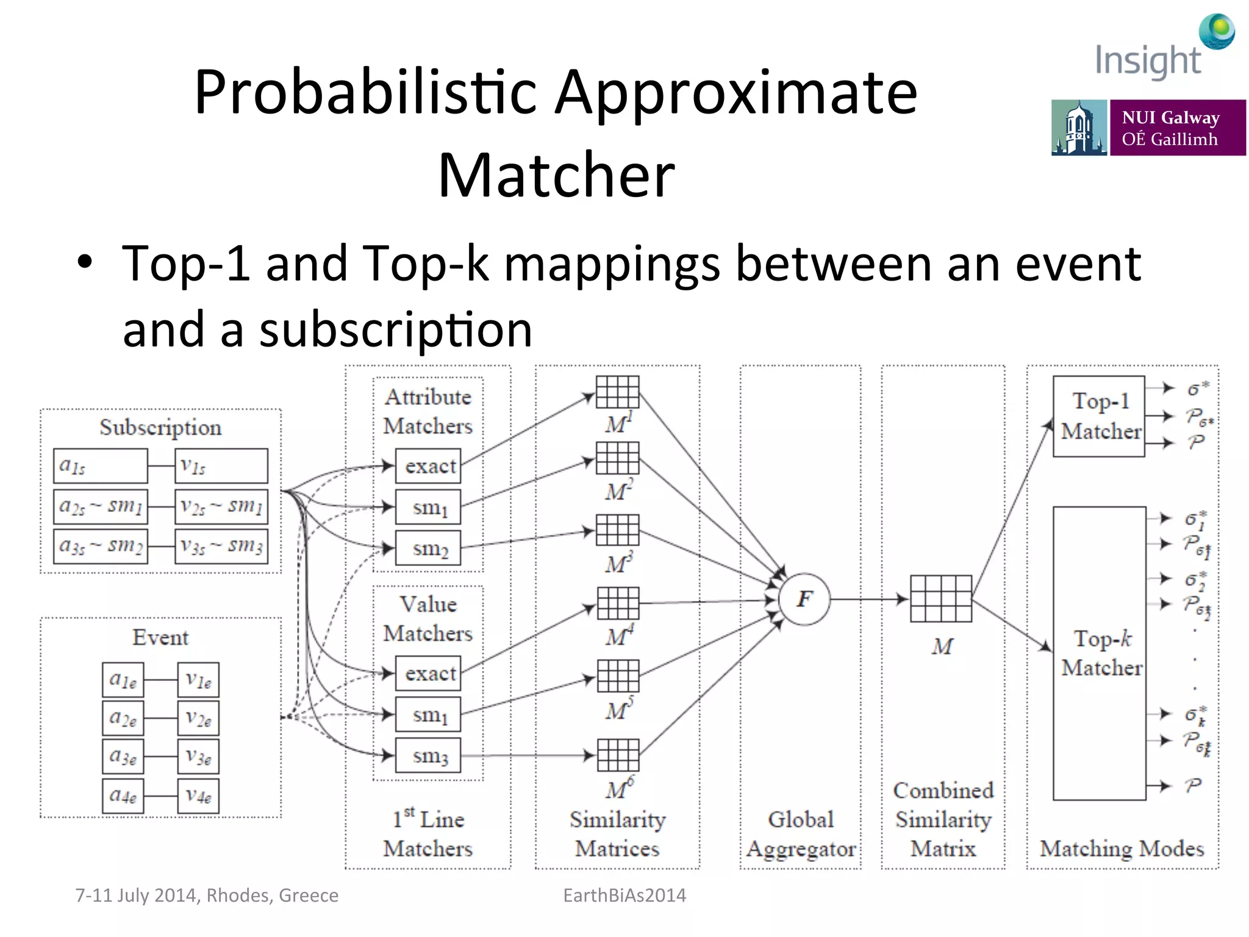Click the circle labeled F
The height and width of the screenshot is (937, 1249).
[804, 599]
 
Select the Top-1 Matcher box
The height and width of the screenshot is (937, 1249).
[1099, 417]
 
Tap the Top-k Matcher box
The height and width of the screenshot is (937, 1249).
[1099, 653]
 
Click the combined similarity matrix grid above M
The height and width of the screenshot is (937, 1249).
[940, 598]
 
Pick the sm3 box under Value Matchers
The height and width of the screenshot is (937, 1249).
[428, 755]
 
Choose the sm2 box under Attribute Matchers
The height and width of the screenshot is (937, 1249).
[428, 548]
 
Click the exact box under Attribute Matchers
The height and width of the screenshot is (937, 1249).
[428, 466]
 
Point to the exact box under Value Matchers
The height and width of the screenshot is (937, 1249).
[428, 673]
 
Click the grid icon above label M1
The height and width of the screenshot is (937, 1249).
[617, 392]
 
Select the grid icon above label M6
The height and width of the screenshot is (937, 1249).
[618, 755]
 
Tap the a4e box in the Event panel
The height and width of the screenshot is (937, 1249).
[123, 795]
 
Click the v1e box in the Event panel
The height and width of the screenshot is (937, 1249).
[198, 680]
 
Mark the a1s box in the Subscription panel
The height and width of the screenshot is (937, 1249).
[101, 466]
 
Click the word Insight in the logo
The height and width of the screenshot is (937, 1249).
[1148, 61]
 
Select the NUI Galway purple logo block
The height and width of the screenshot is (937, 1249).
[1177, 127]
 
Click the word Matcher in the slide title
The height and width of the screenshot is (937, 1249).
[556, 175]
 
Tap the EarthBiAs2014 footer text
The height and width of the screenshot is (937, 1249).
[624, 895]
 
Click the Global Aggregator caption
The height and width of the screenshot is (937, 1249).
[801, 834]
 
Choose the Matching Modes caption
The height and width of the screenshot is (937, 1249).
[1122, 849]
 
